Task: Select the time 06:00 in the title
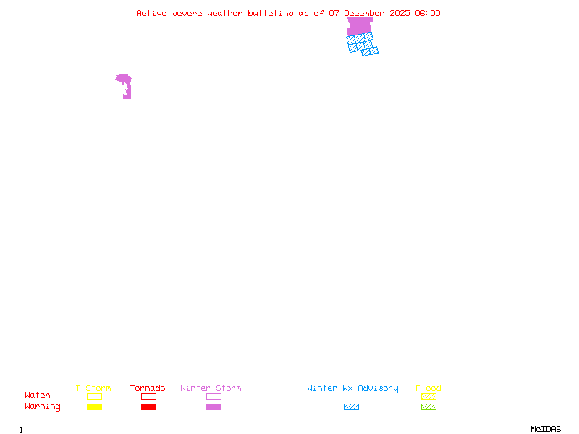tap(428, 13)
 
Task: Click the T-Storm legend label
tap(93, 388)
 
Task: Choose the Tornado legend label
tap(148, 388)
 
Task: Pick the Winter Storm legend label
tap(211, 388)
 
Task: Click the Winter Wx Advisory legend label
tap(352, 388)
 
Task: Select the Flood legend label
tap(428, 388)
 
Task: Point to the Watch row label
tap(38, 396)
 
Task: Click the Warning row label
tap(43, 407)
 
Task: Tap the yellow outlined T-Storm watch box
tap(94, 396)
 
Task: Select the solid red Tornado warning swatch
tap(148, 407)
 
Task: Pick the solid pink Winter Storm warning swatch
tap(214, 407)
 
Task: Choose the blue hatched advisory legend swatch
tap(351, 407)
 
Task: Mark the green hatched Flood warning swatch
tap(428, 407)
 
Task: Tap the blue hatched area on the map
tap(360, 43)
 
